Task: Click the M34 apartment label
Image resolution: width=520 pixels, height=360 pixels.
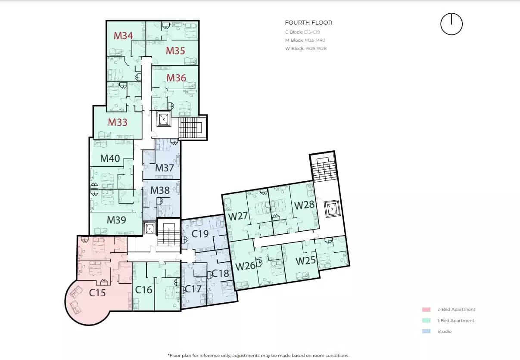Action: click(x=123, y=36)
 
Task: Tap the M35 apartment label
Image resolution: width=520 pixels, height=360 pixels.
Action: click(x=175, y=51)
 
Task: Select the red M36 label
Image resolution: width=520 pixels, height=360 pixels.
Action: click(x=176, y=78)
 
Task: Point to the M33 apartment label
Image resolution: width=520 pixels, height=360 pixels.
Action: click(x=118, y=122)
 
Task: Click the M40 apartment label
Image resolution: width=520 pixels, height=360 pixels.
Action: click(x=110, y=158)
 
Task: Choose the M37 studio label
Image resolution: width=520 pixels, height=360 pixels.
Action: click(x=164, y=168)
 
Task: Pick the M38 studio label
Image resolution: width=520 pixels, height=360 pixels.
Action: click(x=160, y=190)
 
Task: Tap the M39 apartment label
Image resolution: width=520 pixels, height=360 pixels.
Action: click(x=116, y=220)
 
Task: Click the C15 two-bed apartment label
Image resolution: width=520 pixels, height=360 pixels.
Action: click(x=97, y=293)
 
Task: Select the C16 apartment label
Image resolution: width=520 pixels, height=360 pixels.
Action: click(x=144, y=290)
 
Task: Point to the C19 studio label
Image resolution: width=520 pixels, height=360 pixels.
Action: click(x=200, y=234)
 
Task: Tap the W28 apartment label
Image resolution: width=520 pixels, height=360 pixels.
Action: click(x=304, y=205)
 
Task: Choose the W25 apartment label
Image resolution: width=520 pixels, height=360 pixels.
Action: click(x=305, y=261)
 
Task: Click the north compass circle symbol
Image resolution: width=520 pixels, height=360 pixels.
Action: click(x=451, y=24)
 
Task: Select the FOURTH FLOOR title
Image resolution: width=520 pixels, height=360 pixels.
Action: click(x=308, y=23)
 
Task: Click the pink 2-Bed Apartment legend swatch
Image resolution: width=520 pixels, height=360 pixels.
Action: click(x=426, y=310)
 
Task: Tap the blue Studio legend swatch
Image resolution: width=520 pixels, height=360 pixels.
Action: click(x=426, y=332)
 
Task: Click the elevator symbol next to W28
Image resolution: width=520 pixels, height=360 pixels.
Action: click(x=333, y=209)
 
